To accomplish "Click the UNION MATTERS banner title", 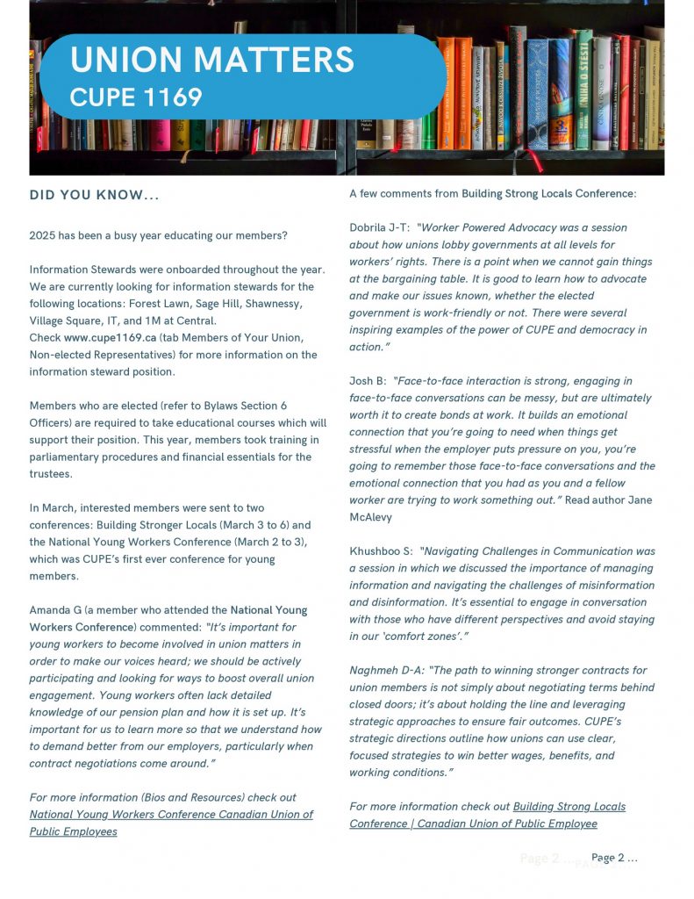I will coord(211,60).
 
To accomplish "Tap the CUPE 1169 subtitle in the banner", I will coord(136,97).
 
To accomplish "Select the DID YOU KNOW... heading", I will coord(94,195).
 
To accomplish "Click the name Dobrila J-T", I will coord(379,228).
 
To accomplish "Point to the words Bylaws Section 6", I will coord(237,406).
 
